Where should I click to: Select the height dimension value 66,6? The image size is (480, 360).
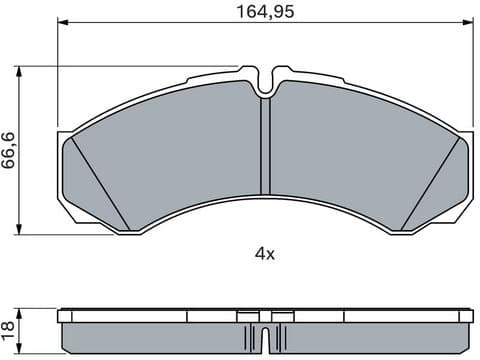[9, 149]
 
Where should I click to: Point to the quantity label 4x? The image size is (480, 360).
[263, 254]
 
